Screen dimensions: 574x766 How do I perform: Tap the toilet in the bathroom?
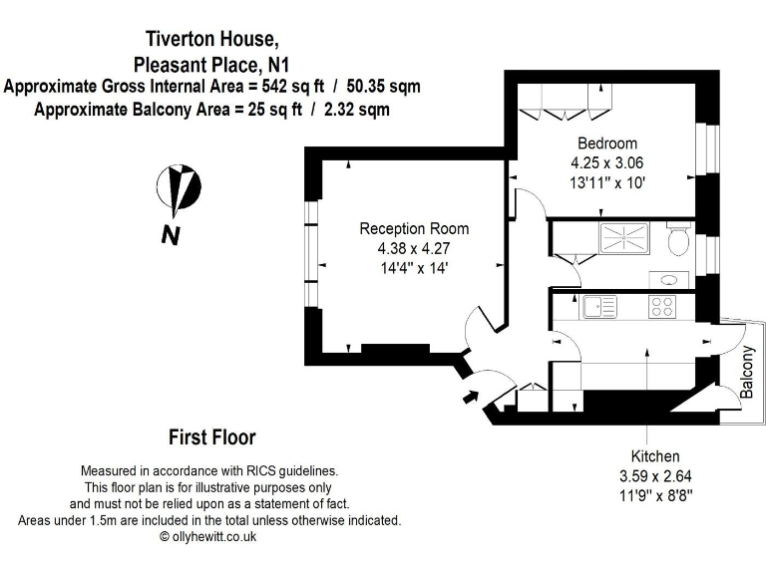pyautogui.click(x=679, y=240)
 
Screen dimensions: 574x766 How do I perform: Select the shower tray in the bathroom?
pyautogui.click(x=623, y=239)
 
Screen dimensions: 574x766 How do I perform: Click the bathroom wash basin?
pyautogui.click(x=665, y=279)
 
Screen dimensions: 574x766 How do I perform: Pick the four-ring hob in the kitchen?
pyautogui.click(x=663, y=306)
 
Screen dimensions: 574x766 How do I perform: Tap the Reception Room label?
pyautogui.click(x=414, y=228)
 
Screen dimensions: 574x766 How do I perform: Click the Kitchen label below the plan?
pyautogui.click(x=648, y=455)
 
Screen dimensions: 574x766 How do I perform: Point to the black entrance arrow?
pyautogui.click(x=470, y=399)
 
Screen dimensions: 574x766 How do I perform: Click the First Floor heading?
pyautogui.click(x=211, y=437)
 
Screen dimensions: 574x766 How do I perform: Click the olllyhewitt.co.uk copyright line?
pyautogui.click(x=208, y=535)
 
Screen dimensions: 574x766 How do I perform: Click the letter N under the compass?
pyautogui.click(x=172, y=236)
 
